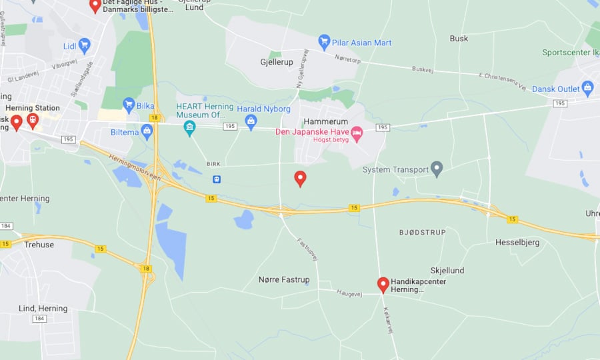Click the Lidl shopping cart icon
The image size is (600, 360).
click(84, 45)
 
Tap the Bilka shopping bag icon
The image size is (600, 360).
click(129, 105)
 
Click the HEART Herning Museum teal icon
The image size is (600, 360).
click(190, 127)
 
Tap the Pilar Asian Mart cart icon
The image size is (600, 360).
click(325, 42)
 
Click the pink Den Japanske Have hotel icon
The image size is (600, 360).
click(357, 133)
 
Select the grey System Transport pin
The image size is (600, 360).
click(437, 169)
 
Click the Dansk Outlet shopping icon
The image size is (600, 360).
click(587, 87)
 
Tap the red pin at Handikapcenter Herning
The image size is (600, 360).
click(383, 284)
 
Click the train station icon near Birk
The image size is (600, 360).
click(217, 179)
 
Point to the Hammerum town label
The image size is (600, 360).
click(325, 121)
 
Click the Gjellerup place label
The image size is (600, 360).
click(277, 61)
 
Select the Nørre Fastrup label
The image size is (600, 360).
click(284, 279)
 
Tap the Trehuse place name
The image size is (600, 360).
click(39, 245)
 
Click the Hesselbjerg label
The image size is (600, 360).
click(517, 242)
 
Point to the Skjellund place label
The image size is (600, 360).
click(447, 270)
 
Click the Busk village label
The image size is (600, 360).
click(459, 39)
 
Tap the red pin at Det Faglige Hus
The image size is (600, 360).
click(95, 5)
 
